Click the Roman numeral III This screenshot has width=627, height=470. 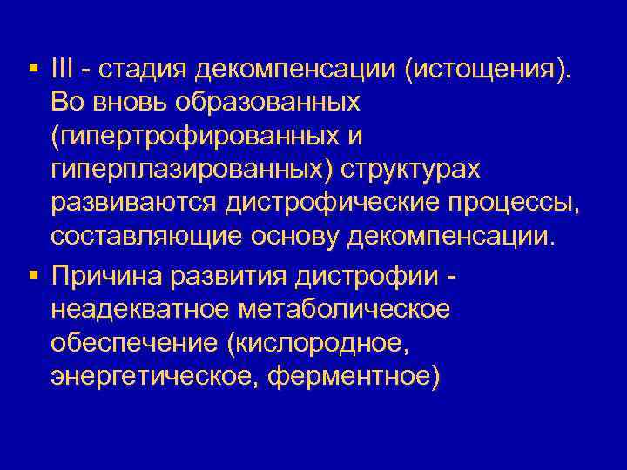[64, 70]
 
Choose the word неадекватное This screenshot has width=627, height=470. [140, 309]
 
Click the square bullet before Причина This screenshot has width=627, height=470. [32, 275]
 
